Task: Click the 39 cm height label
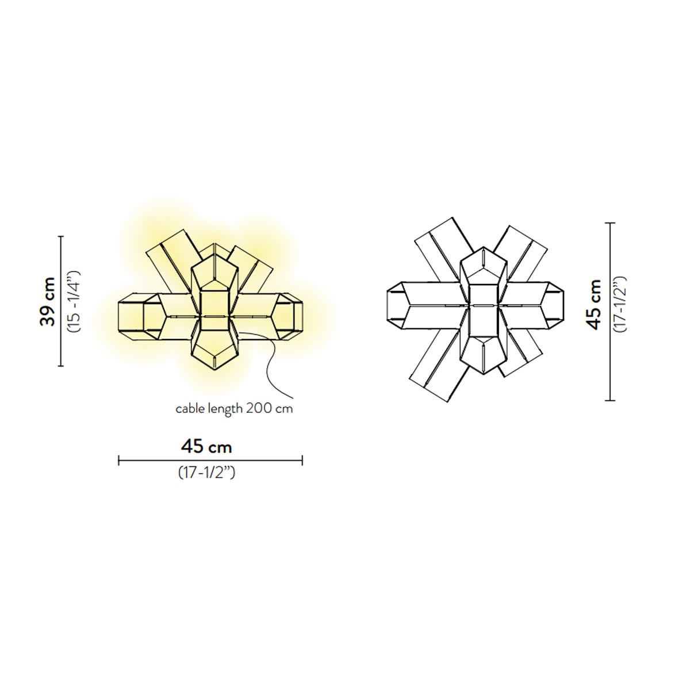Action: tap(48, 301)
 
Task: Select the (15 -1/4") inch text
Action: tap(75, 302)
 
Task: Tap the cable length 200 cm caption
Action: tap(234, 409)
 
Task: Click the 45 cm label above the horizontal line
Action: tap(206, 447)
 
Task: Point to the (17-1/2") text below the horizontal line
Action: tap(207, 473)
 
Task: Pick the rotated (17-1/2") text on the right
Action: tap(620, 304)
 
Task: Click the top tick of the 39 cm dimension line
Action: tap(61, 237)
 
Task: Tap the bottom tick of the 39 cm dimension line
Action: tap(61, 366)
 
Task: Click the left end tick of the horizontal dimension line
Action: tap(119, 461)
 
